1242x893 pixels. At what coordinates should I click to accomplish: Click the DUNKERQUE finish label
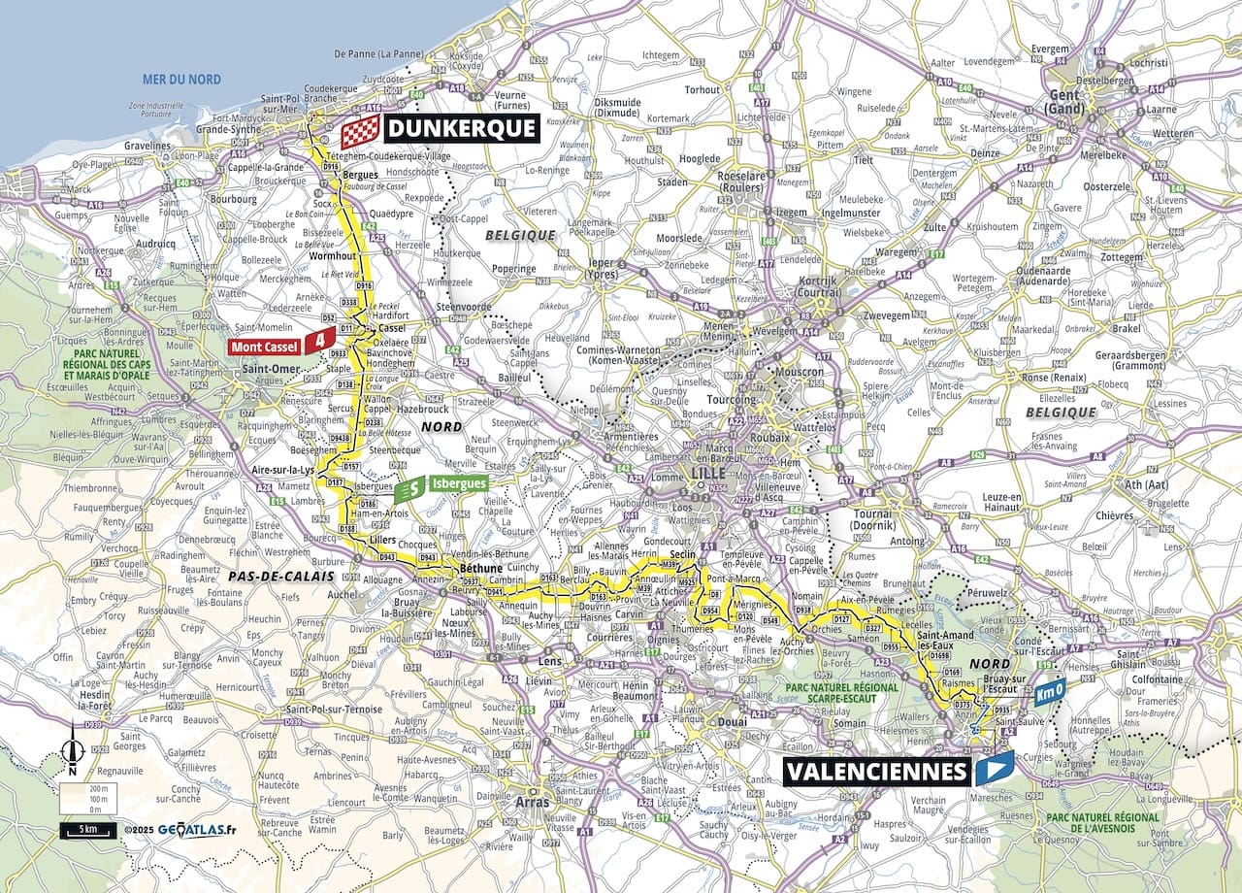coord(461,128)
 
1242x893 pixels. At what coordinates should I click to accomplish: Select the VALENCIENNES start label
coord(876,772)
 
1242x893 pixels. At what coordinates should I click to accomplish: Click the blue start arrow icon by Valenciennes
coord(995,770)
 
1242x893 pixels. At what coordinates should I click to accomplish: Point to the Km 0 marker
coord(1048,695)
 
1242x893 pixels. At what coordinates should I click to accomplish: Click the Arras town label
coord(533,803)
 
